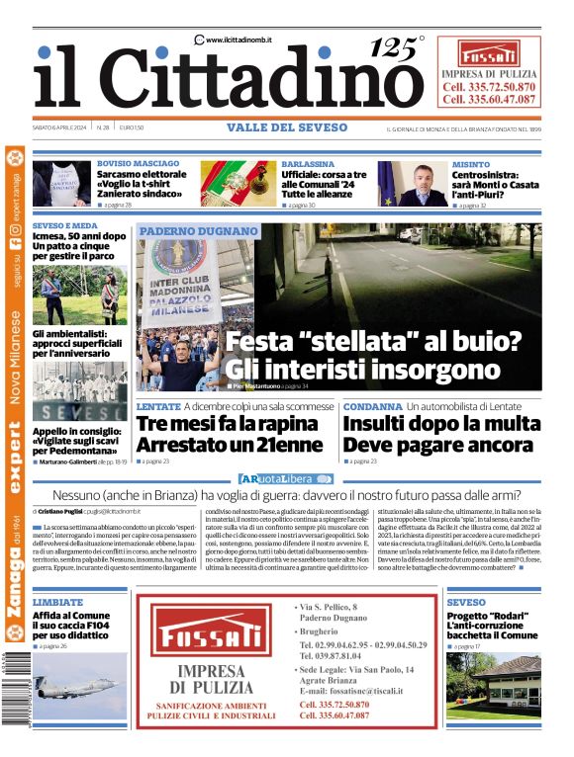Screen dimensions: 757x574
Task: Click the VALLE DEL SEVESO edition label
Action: (287, 127)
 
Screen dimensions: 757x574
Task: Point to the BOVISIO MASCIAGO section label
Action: (138, 163)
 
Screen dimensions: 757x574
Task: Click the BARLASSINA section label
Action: (308, 163)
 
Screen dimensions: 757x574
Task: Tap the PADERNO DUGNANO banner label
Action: (198, 230)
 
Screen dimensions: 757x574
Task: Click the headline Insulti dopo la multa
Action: (441, 424)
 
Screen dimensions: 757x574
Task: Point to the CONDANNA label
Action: (372, 406)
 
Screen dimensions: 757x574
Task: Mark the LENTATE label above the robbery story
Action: (158, 406)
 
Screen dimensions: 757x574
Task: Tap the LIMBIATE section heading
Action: (57, 601)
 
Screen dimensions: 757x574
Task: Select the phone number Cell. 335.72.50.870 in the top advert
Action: (489, 87)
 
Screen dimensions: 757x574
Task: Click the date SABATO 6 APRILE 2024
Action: (61, 128)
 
